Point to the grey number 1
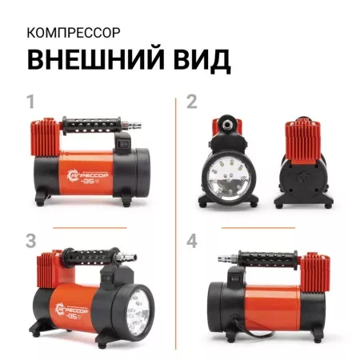coord(32,102)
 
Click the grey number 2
coord(191,102)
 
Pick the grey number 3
coord(32,240)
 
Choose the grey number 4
coord(191,240)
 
